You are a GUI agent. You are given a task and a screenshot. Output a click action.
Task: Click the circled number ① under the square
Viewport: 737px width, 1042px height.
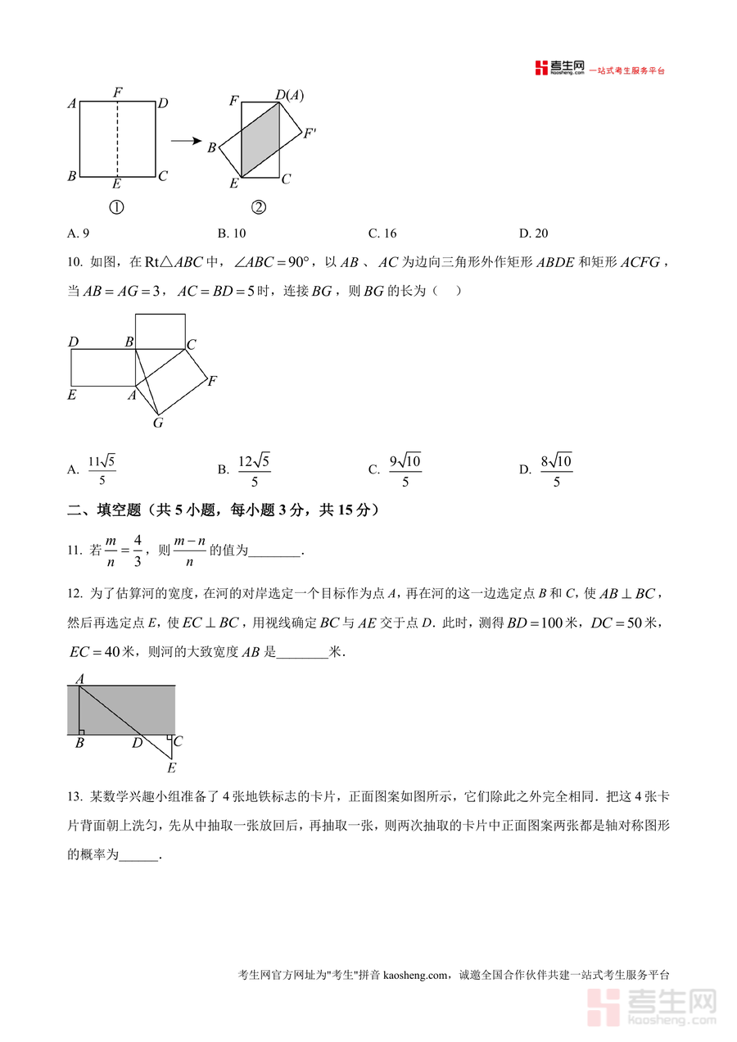116,207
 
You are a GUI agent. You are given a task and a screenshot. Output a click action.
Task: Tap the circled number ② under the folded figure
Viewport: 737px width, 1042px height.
259,207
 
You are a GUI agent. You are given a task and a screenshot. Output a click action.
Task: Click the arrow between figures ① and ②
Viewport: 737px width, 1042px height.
186,140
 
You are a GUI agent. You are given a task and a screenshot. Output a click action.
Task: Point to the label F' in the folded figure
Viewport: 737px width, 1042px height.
310,134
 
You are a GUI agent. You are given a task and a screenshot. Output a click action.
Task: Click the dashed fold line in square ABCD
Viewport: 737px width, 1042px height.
117,138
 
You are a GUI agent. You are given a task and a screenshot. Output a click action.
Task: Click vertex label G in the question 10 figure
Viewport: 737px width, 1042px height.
158,424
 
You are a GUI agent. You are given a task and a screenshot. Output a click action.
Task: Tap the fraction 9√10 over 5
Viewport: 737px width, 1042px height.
405,470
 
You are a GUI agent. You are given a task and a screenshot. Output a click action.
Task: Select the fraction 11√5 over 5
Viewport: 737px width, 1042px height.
102,470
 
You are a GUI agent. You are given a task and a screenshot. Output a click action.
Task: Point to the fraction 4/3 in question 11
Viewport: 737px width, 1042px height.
137,550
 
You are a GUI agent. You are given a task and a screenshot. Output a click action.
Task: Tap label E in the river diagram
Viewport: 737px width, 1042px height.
171,768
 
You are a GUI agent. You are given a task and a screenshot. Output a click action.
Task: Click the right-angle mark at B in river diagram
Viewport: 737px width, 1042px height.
82,731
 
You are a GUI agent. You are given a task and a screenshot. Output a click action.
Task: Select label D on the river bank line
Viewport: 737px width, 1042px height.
138,743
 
